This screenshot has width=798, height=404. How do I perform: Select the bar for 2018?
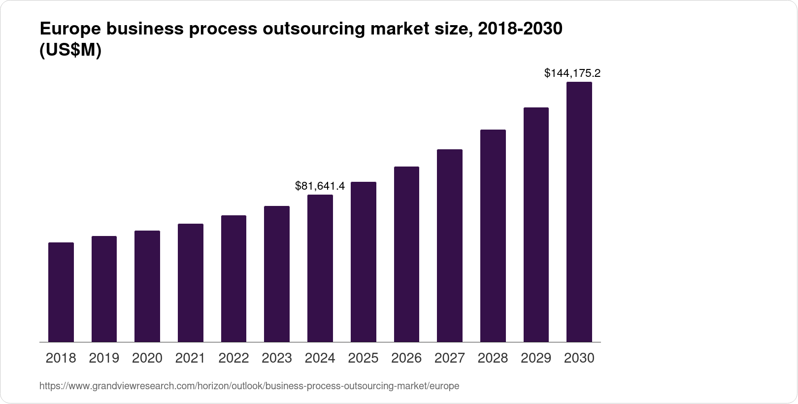coord(61,292)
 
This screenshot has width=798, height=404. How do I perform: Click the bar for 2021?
coord(191,283)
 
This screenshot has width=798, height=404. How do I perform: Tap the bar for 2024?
coord(320,269)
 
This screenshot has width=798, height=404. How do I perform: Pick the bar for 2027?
coord(450,246)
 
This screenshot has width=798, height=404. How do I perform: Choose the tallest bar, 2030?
coord(579,212)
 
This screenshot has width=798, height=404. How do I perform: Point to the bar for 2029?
coord(536,225)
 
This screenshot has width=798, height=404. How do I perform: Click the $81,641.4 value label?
coord(320,186)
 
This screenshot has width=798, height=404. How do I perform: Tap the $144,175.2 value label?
coord(572,73)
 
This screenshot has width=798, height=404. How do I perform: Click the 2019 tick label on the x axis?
coord(104,358)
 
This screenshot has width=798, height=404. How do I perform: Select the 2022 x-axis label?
coord(233,358)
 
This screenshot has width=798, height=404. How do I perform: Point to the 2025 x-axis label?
coord(363,358)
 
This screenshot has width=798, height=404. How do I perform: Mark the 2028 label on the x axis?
coord(493,358)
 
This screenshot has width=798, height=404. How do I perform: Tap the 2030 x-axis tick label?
coord(579,358)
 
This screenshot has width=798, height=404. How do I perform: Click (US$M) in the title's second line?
coord(70,50)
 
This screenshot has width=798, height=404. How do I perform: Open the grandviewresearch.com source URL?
coord(249,386)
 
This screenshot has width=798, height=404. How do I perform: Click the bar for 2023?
coord(277,274)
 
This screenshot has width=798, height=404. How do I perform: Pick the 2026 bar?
coord(406,254)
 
